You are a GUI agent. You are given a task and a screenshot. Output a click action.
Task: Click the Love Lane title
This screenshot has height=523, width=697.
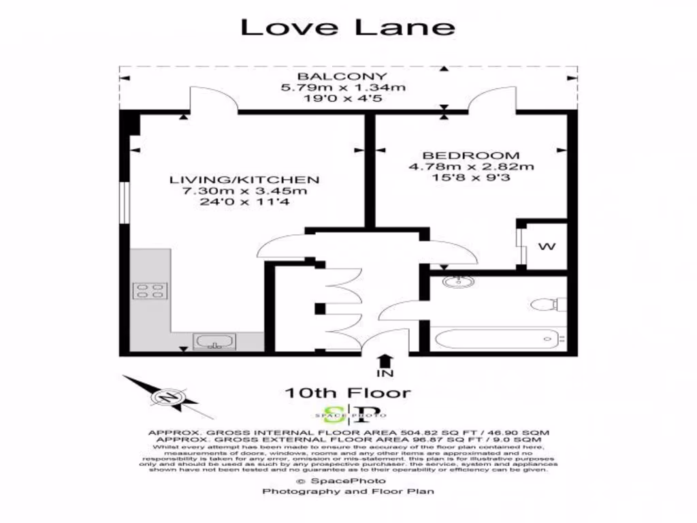pos(348,27)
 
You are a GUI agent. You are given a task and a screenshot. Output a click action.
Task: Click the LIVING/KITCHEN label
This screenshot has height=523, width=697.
pos(244,180)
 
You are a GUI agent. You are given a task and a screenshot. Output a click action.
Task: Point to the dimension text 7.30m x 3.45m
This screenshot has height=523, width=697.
pos(244,191)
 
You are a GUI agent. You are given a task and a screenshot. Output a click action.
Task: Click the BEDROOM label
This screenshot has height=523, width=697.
pos(470,155)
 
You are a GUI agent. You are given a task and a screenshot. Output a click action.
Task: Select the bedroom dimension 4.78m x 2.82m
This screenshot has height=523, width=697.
pos(470,167)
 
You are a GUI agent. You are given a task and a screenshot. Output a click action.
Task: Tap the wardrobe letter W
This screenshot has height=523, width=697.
pos(546,247)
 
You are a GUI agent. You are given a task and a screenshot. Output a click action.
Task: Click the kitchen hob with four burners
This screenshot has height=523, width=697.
pos(150,291)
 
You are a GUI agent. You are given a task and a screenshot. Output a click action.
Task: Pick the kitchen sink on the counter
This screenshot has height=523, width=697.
pos(214,340)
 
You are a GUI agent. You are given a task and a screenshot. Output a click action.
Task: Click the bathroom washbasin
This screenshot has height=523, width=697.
pos(453,281)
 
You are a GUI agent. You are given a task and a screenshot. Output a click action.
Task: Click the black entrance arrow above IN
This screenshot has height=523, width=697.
pos(385,360)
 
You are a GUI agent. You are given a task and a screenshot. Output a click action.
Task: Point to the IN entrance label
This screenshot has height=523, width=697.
pos(385,374)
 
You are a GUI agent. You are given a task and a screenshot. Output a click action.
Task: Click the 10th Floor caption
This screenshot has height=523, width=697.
pos(348,393)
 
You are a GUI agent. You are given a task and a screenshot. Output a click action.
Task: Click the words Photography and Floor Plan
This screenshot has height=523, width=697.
pos(348,491)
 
